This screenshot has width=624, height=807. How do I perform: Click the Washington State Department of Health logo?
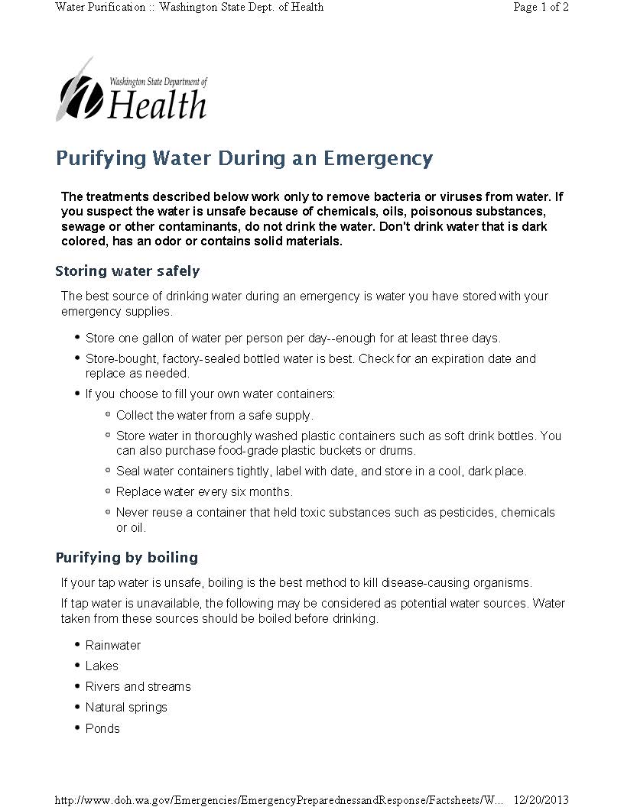tap(132, 91)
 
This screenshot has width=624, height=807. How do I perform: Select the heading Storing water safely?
tap(128, 271)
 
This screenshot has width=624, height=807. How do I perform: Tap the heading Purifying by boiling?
tap(127, 557)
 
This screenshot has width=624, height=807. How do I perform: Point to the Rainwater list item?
tap(113, 645)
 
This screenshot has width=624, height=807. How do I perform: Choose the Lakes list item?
tap(102, 666)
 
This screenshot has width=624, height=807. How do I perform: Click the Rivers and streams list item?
tap(138, 686)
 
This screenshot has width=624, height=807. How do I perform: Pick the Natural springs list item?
tap(126, 707)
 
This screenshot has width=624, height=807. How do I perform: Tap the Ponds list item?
tap(102, 728)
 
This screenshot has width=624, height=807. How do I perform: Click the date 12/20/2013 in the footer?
tap(541, 799)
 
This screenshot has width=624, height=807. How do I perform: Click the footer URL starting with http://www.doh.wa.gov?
tap(279, 799)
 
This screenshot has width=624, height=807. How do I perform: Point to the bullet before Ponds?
tap(78, 727)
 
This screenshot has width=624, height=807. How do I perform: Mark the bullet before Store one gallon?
tap(78, 336)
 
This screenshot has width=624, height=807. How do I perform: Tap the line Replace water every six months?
tap(204, 491)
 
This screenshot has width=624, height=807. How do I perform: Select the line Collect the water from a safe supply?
tap(215, 415)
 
